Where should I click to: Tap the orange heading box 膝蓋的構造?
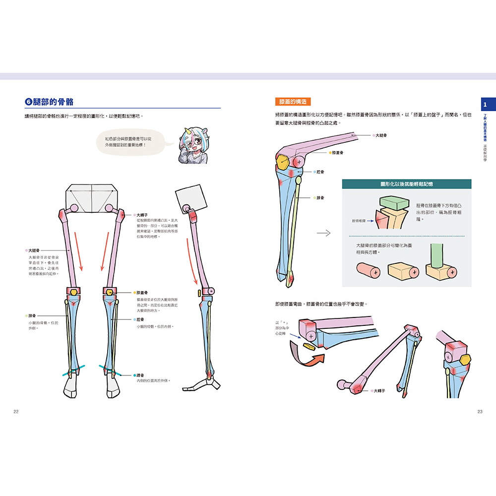(293, 102)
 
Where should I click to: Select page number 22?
(16, 412)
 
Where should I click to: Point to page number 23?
(480, 412)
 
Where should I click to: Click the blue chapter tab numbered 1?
(486, 105)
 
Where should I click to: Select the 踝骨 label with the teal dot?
(140, 375)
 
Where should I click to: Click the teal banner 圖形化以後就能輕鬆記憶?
(406, 184)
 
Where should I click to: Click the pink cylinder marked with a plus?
(370, 271)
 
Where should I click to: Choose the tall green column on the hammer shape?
(436, 256)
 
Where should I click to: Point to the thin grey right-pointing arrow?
(323, 233)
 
